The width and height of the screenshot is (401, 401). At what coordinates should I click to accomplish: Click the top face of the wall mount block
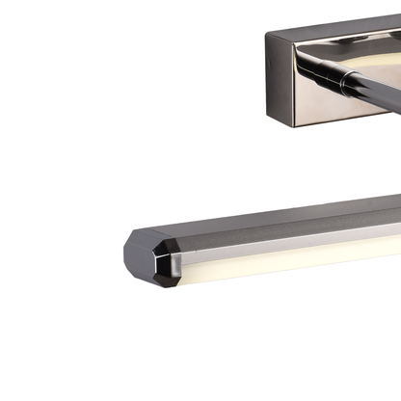337,23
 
